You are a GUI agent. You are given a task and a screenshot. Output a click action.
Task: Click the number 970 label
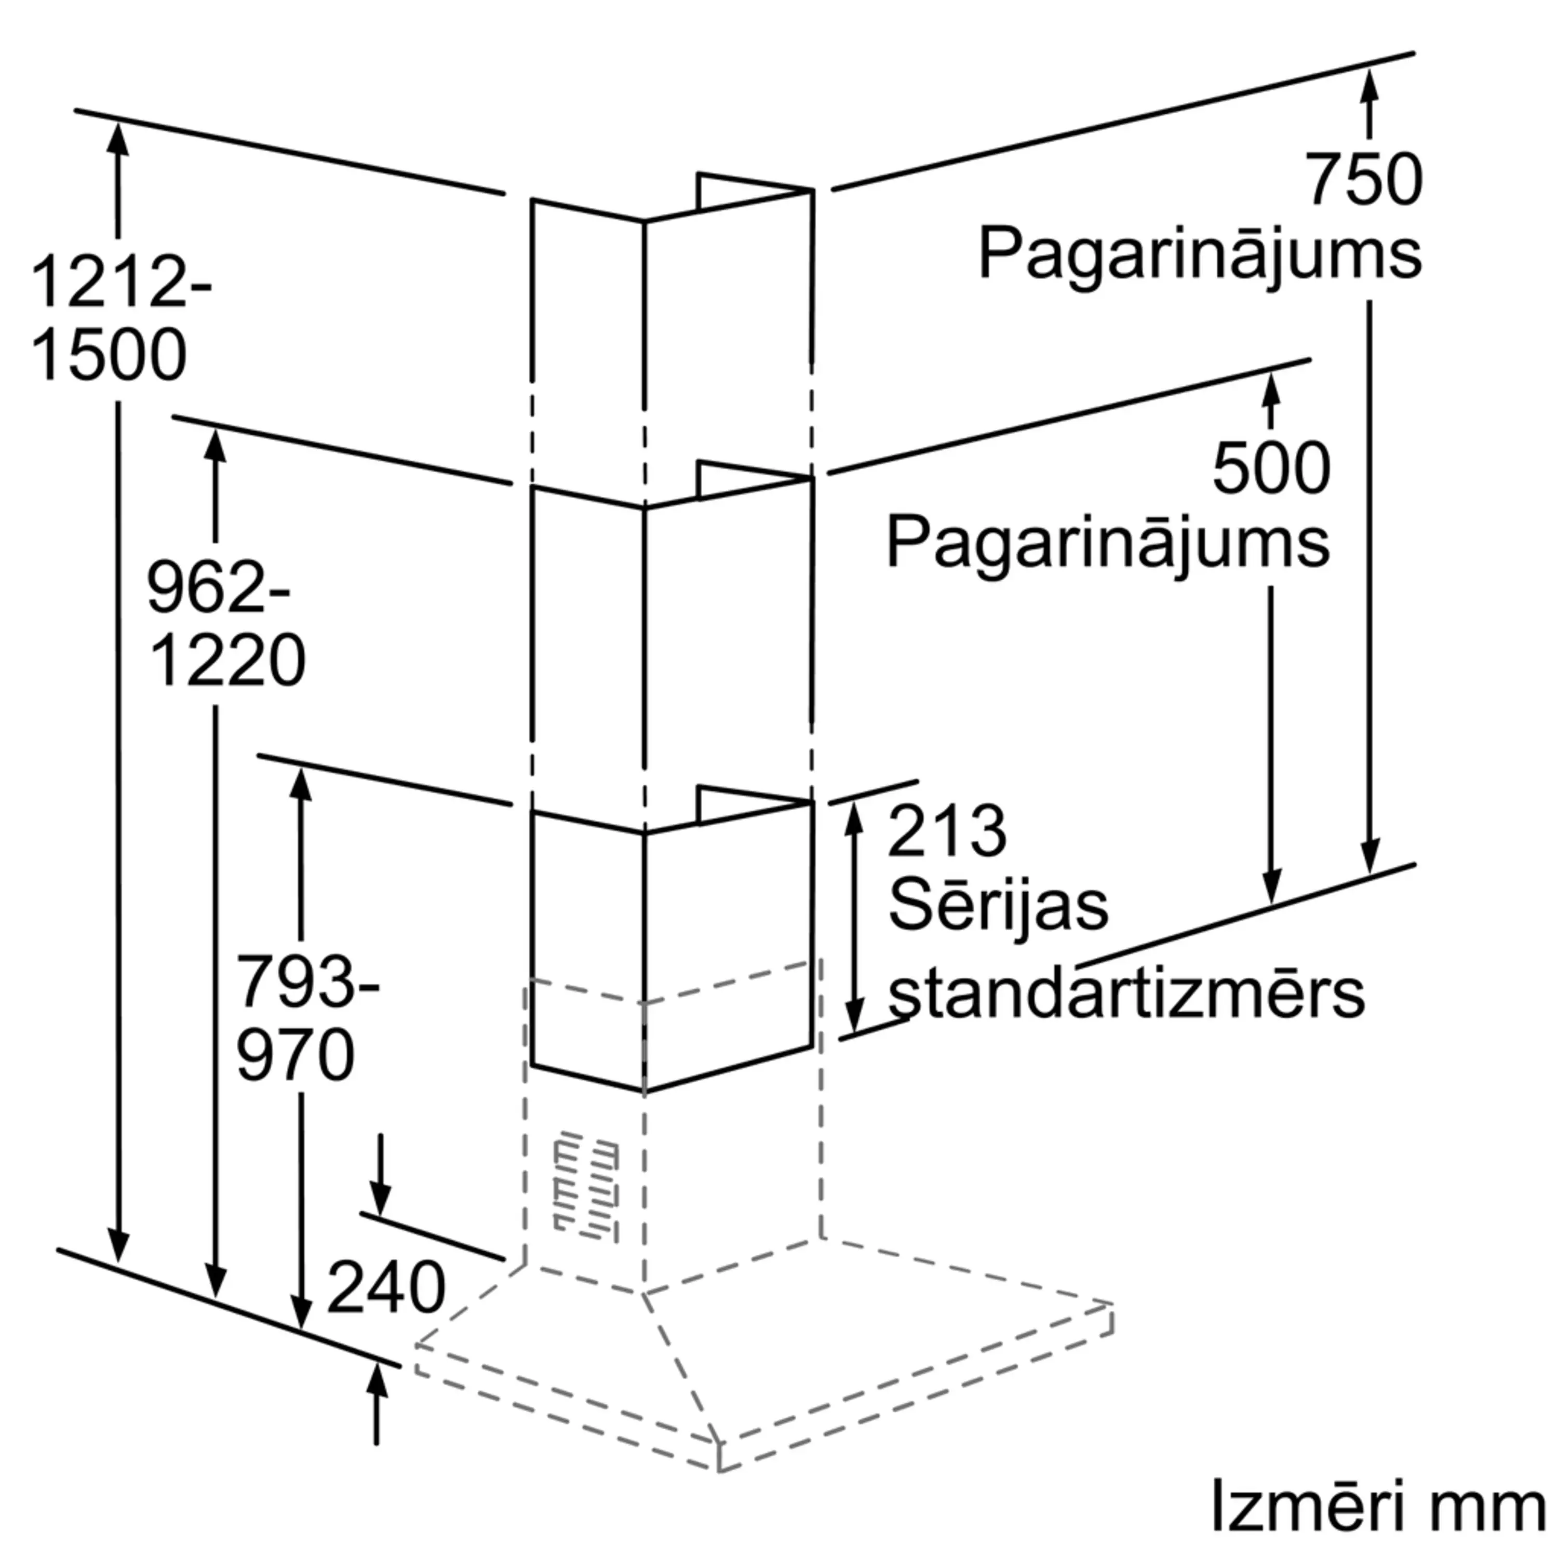295,1054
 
